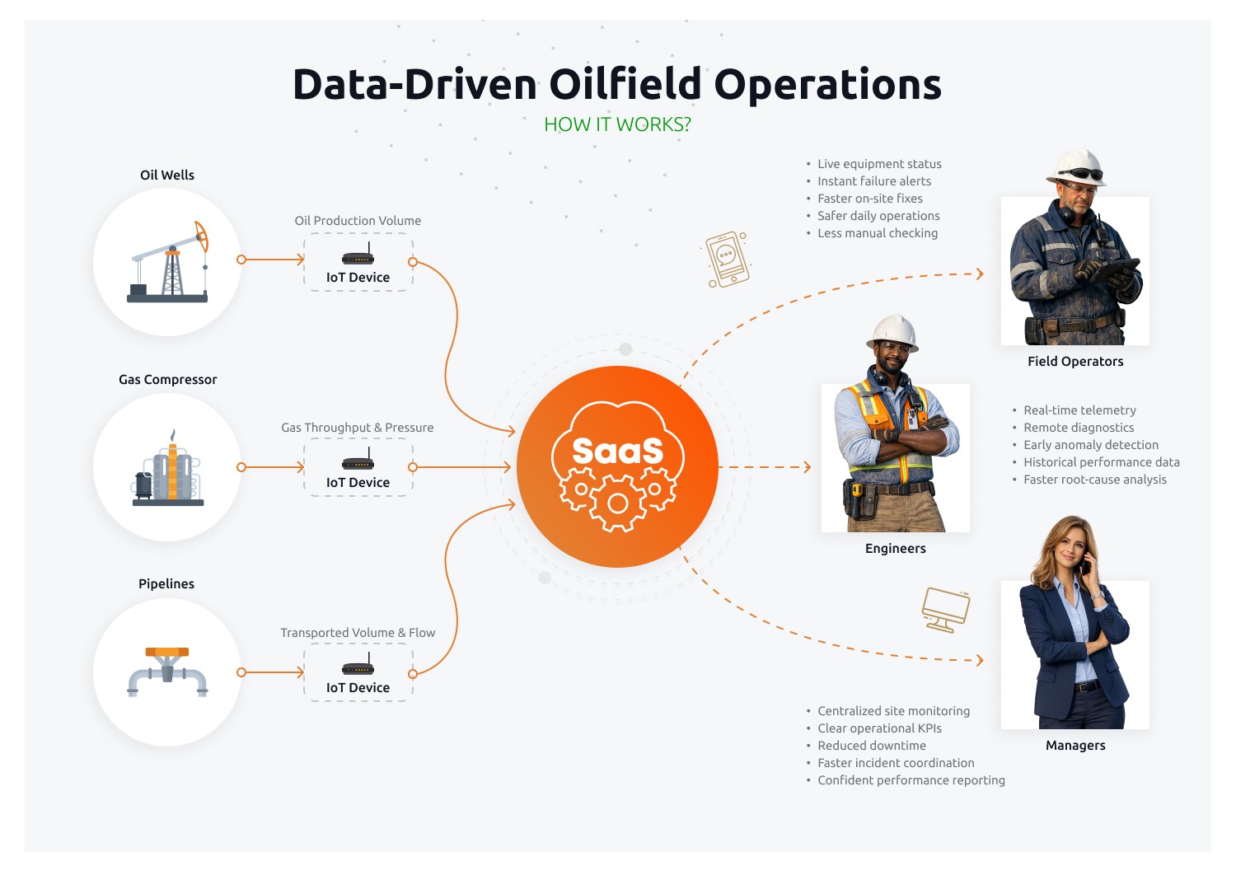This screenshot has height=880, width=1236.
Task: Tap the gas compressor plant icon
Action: [168, 471]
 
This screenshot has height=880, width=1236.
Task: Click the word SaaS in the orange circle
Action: [617, 452]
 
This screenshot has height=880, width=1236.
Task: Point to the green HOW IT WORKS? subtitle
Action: [617, 124]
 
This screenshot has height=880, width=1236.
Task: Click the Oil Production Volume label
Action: [358, 221]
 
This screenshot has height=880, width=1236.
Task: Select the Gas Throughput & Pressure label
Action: [357, 428]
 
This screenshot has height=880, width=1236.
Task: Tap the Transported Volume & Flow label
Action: [358, 633]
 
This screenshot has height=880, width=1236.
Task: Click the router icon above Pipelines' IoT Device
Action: [358, 667]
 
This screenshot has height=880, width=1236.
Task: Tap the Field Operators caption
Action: [1075, 362]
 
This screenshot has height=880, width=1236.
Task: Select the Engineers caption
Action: [895, 549]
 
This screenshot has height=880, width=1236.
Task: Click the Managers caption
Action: [1075, 746]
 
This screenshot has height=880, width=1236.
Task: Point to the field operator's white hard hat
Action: [1076, 164]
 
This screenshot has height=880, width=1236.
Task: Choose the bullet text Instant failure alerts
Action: [873, 181]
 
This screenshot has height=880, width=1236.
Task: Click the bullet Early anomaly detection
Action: [1090, 445]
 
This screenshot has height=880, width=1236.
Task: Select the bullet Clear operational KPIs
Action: [879, 728]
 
